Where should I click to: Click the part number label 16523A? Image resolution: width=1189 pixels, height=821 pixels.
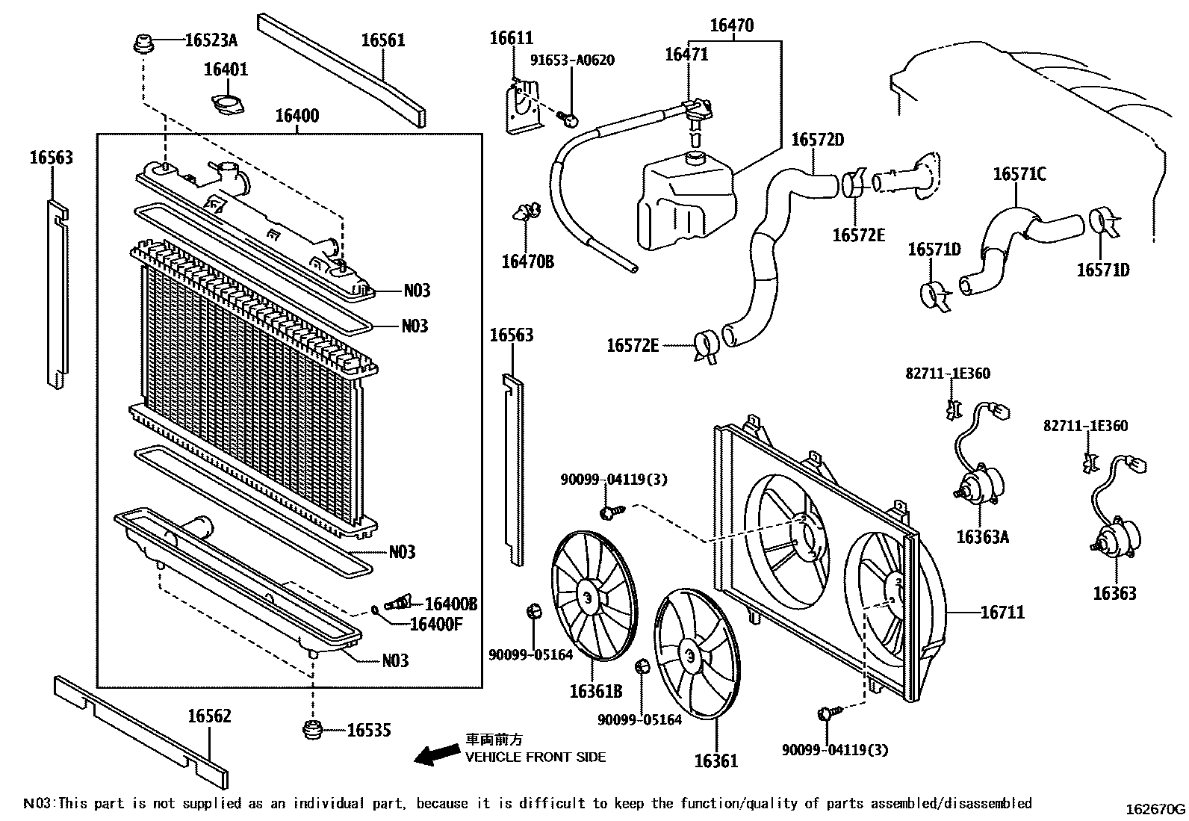pyautogui.click(x=211, y=40)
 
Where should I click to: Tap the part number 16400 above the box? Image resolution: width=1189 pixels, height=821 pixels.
pyautogui.click(x=297, y=116)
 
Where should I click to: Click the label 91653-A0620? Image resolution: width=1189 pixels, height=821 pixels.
pyautogui.click(x=573, y=61)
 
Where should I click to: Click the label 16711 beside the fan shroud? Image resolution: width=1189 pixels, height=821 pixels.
pyautogui.click(x=1002, y=613)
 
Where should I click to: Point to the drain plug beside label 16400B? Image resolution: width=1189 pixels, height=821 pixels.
pyautogui.click(x=399, y=601)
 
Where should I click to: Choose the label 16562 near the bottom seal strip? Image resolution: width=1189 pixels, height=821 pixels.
pyautogui.click(x=209, y=716)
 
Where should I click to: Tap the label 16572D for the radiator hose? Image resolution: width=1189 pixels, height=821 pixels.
pyautogui.click(x=817, y=140)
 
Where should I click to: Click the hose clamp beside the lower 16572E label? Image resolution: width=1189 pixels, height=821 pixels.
pyautogui.click(x=706, y=346)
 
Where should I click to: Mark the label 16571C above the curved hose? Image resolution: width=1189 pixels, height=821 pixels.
pyautogui.click(x=1019, y=174)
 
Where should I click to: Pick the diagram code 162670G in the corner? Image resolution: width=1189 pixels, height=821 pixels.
pyautogui.click(x=1156, y=808)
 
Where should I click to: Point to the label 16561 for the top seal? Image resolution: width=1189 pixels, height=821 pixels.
pyautogui.click(x=382, y=40)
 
